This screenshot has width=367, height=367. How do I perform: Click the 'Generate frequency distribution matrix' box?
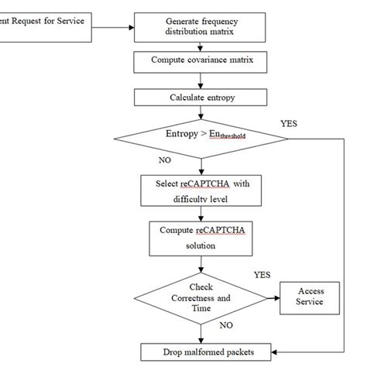(201, 26)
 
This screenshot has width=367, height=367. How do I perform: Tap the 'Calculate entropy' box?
(201, 98)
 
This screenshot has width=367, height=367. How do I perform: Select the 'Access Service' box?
(309, 297)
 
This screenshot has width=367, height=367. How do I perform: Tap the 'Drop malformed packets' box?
(208, 352)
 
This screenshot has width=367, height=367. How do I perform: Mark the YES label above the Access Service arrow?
(262, 275)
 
